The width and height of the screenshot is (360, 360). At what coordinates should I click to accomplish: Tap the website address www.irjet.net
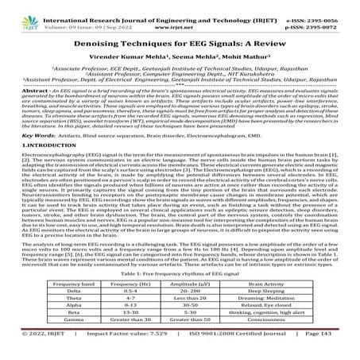pos(179,17)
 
